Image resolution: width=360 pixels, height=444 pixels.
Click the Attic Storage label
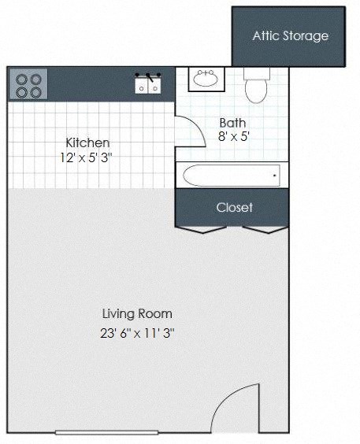[290, 35]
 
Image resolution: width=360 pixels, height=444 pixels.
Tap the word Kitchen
[87, 142]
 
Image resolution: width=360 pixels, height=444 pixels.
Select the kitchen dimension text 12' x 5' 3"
[87, 157]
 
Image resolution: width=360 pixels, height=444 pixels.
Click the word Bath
[232, 122]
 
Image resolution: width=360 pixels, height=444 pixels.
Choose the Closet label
[235, 207]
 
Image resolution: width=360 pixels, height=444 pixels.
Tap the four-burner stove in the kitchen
[28, 84]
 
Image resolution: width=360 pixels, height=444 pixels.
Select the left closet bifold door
[201, 229]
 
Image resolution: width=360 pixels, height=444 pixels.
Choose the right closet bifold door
[264, 229]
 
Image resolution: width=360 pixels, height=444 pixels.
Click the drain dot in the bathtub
[274, 175]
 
